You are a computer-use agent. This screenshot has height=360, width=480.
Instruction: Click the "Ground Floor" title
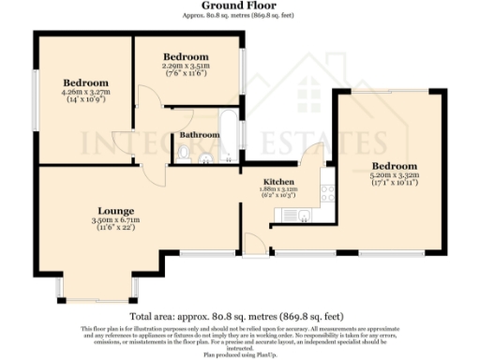[238, 6]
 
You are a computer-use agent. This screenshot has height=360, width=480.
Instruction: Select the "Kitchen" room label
[278, 180]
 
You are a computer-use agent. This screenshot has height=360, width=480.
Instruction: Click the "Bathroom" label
[200, 135]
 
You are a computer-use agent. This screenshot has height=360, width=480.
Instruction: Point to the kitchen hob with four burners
[327, 194]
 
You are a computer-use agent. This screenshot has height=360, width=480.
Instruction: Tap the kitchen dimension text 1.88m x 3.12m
[278, 188]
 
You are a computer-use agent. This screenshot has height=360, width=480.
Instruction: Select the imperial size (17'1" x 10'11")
[394, 183]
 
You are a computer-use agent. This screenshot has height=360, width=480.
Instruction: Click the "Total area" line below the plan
[238, 316]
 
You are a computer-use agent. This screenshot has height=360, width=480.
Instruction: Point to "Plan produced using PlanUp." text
[238, 354]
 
